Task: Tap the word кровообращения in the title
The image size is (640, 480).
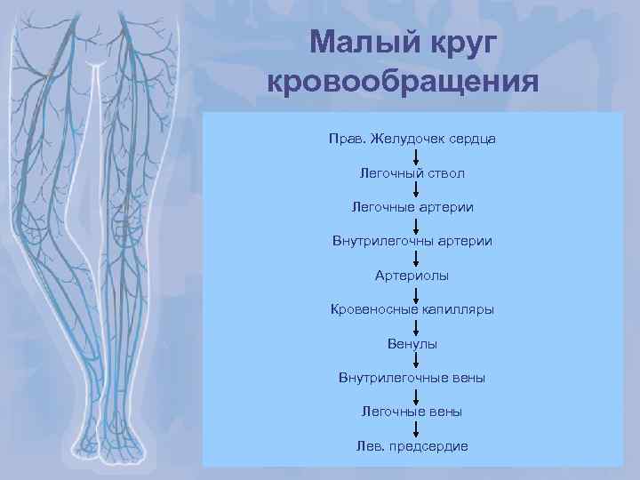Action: coord(404,81)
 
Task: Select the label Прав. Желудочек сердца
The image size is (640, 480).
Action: coord(412,139)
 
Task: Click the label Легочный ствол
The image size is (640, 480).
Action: coord(412,173)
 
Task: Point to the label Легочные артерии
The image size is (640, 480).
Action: coord(412,207)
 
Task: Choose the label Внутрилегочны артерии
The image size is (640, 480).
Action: coord(412,241)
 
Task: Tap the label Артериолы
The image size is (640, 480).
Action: coord(412,275)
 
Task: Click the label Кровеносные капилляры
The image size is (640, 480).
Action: coord(412,309)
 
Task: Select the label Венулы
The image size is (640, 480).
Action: coord(412,343)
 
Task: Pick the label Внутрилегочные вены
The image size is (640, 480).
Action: coord(412,378)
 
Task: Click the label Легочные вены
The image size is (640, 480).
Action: coord(412,412)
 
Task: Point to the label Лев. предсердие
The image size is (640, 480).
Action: coord(412,445)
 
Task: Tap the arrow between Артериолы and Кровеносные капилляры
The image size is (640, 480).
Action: coord(416,292)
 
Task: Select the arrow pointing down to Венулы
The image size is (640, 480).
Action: coord(416,326)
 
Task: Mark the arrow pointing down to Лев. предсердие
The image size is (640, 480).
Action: coord(416,428)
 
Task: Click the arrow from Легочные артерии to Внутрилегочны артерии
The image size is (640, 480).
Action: coord(416,224)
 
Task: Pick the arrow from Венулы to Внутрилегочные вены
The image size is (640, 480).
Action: coord(416,360)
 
